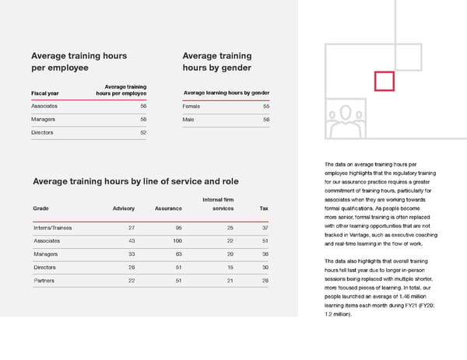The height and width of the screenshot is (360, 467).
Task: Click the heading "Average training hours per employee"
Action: tap(78, 61)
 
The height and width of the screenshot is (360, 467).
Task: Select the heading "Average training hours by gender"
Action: tap(216, 61)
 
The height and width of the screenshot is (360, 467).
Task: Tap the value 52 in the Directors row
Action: tap(143, 133)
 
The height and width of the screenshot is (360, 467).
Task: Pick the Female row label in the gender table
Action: tap(191, 106)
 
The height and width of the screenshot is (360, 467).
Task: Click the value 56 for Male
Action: tap(266, 120)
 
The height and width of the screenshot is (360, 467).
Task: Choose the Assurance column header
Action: tap(168, 208)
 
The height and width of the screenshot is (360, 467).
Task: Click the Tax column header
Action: tap(264, 208)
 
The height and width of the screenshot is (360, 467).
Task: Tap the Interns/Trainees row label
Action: tap(53, 228)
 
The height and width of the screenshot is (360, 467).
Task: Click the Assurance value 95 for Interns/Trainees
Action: tap(178, 228)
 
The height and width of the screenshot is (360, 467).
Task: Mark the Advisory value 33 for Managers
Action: tap(132, 254)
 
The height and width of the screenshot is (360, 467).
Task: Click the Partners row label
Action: tap(44, 280)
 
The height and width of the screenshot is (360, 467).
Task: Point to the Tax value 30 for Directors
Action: tap(265, 267)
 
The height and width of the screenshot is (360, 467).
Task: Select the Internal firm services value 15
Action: tap(230, 267)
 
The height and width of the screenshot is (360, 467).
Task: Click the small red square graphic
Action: tap(383, 81)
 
